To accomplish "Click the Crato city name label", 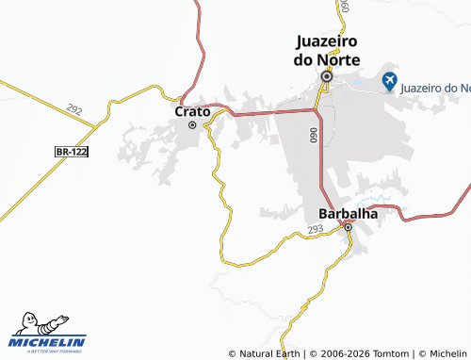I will tap(191, 111).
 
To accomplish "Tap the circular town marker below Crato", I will tap(193, 124).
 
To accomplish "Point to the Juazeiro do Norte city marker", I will tap(327, 76).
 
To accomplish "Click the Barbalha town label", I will tap(348, 213).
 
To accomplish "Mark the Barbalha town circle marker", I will tap(348, 227).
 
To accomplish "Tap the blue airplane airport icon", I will tap(389, 82).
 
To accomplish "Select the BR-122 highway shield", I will tap(72, 151).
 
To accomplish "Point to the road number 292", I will tap(76, 112).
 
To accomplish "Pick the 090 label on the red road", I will tap(312, 136).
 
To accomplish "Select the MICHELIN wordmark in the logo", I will tap(47, 342).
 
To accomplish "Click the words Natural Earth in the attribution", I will tap(268, 353).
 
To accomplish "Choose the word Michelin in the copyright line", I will tap(448, 353).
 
